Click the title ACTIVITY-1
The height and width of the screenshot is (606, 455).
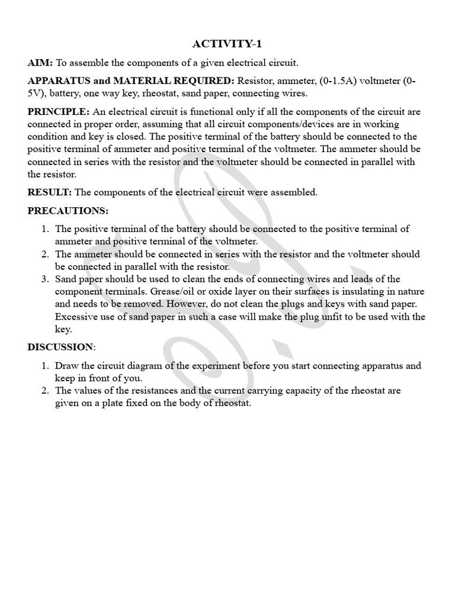coord(227,44)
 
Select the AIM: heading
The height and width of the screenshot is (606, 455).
coord(40,63)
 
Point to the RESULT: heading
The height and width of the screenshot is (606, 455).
coord(50,192)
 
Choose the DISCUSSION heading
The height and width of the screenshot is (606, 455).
coord(60,347)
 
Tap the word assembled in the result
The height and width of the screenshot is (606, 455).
coord(296,192)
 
